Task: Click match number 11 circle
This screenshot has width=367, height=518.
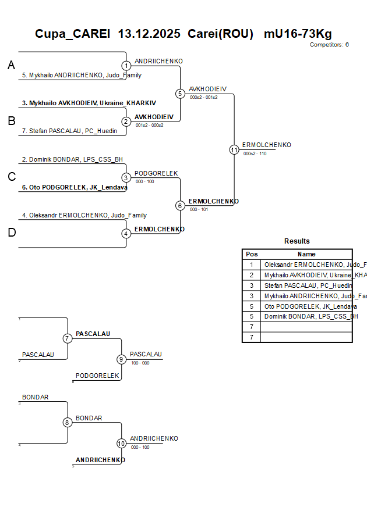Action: [x=234, y=149]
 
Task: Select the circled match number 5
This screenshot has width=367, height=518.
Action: [x=180, y=94]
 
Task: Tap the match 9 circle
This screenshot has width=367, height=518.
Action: [x=122, y=359]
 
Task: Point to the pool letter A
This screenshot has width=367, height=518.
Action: [x=11, y=66]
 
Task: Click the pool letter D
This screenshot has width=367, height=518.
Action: [x=11, y=233]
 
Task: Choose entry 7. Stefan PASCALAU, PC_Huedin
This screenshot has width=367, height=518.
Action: [x=73, y=131]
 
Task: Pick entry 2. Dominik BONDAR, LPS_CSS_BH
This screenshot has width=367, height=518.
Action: [x=72, y=159]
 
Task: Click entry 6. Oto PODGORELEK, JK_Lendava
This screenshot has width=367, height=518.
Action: [x=75, y=187]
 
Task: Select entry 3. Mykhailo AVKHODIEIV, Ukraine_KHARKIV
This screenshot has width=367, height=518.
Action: [x=89, y=103]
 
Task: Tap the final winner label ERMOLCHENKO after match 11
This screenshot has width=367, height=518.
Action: [x=266, y=145]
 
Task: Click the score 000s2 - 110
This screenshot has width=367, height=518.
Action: [x=255, y=154]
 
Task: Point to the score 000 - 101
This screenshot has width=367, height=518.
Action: [x=199, y=209]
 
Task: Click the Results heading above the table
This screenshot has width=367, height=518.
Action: [x=297, y=241]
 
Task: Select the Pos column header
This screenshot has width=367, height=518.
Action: [x=252, y=254]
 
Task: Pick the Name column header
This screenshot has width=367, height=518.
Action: [x=306, y=254]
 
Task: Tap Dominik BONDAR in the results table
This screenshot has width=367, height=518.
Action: [x=310, y=316]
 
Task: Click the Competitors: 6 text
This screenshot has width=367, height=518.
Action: [x=329, y=45]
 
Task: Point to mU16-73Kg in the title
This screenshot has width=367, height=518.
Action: [x=298, y=34]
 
